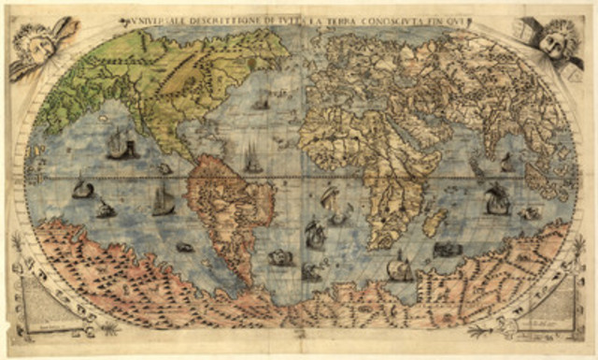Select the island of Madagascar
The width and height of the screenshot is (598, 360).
coord(434,223)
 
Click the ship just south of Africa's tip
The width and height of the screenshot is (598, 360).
coord(400,269)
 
